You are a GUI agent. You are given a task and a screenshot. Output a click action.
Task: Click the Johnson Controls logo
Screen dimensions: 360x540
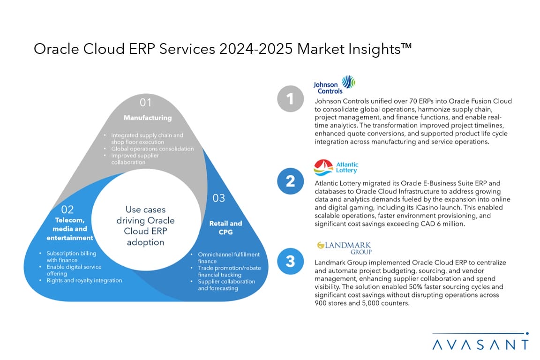(334, 84)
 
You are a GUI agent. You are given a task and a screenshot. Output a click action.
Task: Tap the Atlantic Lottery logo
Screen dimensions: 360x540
(336, 167)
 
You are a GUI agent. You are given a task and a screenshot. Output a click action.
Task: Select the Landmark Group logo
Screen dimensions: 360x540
(344, 248)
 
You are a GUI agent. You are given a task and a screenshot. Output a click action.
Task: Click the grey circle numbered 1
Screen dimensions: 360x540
(290, 99)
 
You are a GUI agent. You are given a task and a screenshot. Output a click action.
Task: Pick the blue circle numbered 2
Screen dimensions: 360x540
(290, 181)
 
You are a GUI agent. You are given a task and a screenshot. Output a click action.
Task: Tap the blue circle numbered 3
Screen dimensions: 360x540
(290, 261)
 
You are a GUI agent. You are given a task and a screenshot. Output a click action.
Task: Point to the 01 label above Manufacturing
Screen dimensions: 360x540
(146, 102)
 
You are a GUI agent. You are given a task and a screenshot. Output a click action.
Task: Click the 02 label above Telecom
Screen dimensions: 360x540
(67, 210)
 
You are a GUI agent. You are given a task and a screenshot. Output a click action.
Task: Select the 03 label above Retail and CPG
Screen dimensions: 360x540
(219, 198)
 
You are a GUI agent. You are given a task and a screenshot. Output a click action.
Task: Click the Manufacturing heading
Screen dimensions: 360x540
(147, 118)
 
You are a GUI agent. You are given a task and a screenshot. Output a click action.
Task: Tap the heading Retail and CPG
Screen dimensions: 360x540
(225, 227)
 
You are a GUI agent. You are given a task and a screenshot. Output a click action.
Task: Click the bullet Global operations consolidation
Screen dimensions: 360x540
(152, 149)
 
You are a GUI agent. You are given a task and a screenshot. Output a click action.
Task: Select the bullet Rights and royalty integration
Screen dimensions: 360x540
(84, 280)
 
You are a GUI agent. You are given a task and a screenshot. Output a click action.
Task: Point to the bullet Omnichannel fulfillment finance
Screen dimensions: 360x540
(228, 258)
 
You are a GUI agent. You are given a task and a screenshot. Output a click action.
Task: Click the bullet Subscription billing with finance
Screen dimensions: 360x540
(71, 256)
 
